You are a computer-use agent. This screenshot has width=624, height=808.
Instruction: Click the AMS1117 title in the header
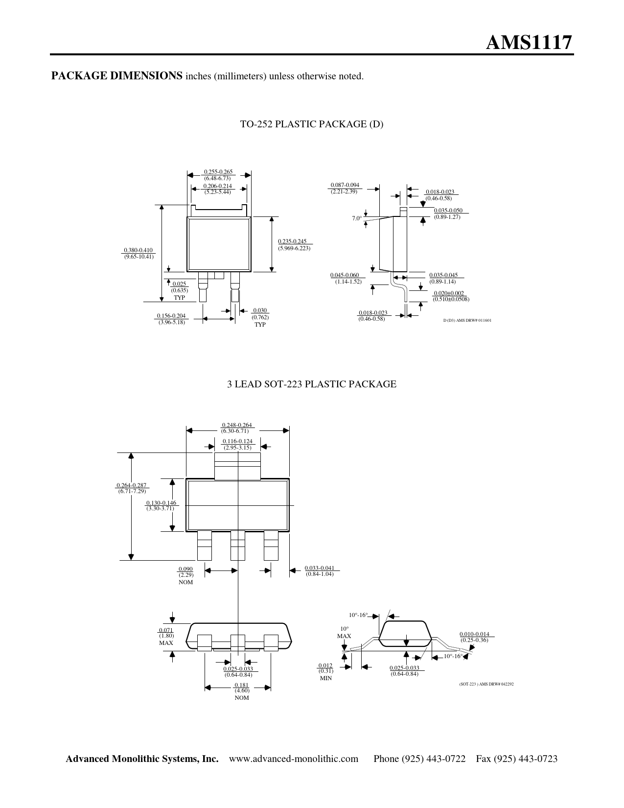pos(529,43)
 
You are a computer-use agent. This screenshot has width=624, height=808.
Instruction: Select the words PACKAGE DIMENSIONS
pos(116,75)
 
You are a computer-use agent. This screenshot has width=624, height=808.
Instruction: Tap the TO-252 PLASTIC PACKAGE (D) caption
pos(311,124)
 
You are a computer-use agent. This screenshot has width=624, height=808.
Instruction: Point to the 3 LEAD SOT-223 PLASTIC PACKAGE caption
pos(312,384)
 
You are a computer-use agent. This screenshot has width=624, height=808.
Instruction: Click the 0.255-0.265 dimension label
pos(218,172)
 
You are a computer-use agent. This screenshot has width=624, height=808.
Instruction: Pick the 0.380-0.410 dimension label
pos(138,250)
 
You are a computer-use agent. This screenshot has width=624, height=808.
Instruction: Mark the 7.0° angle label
pos(357,218)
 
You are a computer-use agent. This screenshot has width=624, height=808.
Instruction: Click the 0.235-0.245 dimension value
pos(292,241)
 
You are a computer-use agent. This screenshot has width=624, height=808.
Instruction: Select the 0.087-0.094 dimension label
pos(345,185)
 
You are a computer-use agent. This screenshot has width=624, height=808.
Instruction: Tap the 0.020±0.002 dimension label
pos(449,293)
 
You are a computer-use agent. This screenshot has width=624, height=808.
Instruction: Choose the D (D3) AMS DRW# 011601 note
pos(467,320)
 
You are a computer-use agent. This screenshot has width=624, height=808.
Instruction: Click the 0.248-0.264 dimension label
pos(237,425)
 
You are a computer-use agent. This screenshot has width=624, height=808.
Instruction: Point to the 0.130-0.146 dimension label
pos(161,503)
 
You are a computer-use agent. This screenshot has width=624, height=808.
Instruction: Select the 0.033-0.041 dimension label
pos(320,568)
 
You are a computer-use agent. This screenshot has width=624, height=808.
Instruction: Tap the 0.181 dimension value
pos(241,685)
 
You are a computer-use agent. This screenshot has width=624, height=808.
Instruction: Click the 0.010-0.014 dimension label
pos(475,634)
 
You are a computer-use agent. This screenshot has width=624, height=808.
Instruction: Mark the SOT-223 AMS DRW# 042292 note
pos(486,684)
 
